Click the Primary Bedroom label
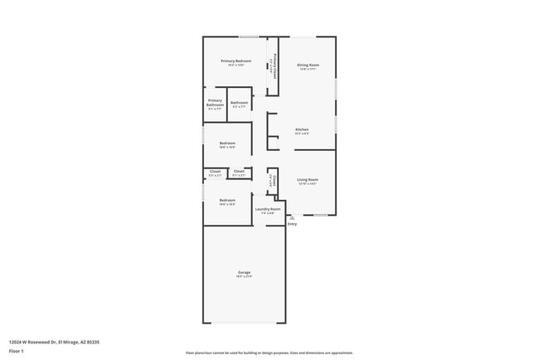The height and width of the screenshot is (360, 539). [x=236, y=61]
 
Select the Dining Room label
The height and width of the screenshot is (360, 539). [x=308, y=64]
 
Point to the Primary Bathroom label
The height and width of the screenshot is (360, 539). [x=216, y=104]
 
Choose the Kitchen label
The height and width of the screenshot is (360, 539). [x=303, y=129]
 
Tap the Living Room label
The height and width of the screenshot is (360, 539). [x=308, y=179]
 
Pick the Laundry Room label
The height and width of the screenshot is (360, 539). [x=268, y=209]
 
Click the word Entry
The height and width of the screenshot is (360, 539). [x=292, y=224]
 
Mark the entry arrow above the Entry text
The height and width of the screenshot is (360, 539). [x=291, y=217]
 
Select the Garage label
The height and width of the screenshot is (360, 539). [x=244, y=272]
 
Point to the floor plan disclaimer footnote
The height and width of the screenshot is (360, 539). [x=269, y=353]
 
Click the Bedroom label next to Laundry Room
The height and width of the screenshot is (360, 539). [x=227, y=200]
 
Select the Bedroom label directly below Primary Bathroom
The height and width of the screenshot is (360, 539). [x=227, y=143]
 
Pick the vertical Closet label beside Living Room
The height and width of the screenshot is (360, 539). [x=274, y=179]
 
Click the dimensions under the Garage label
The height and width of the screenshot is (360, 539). [x=244, y=277]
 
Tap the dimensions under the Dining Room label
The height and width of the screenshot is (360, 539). [x=308, y=69]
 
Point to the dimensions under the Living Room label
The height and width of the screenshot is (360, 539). [x=308, y=184]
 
